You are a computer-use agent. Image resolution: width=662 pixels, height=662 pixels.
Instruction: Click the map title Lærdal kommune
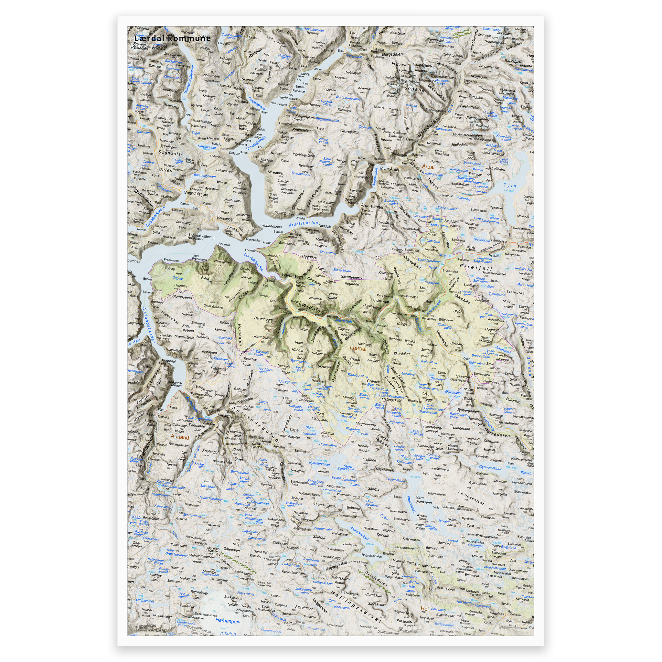(x=172, y=38)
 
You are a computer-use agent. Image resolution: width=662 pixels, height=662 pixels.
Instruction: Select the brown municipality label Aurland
(x=180, y=438)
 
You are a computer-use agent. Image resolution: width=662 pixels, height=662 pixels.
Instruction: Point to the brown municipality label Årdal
(x=428, y=166)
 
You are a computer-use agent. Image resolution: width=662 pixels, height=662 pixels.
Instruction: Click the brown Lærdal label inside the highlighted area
(x=358, y=348)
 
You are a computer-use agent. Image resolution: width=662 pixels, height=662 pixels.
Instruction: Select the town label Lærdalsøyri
(x=293, y=275)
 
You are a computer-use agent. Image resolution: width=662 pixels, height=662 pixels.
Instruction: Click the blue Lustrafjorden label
(x=256, y=143)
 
